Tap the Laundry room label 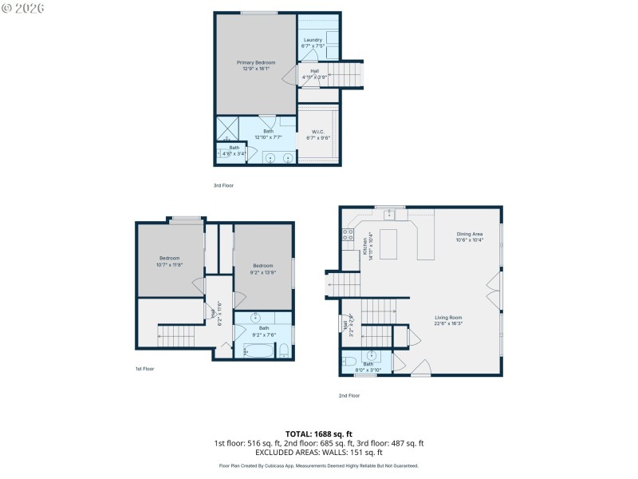click(x=312, y=42)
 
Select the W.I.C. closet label click(x=318, y=134)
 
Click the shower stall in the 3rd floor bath click(x=228, y=129)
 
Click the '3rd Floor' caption click(x=223, y=185)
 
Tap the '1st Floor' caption click(x=144, y=369)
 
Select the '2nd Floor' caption click(x=349, y=395)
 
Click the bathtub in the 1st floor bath click(x=257, y=349)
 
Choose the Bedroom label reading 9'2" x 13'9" click(x=263, y=268)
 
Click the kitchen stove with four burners click(x=348, y=235)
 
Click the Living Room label click(x=448, y=320)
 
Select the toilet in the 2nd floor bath click(x=349, y=362)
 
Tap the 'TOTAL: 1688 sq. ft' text click(x=318, y=434)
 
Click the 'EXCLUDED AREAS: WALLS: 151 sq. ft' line click(x=318, y=452)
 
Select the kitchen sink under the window click(x=387, y=214)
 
